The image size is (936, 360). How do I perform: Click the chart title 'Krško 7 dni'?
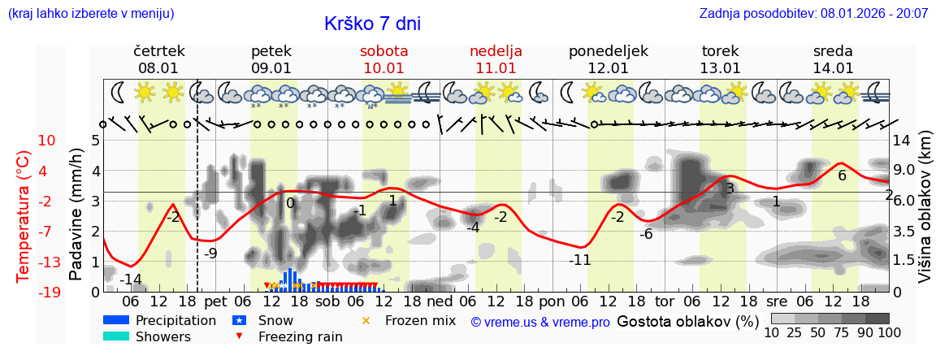click(372, 24)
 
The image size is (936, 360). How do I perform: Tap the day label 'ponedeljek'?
click(609, 51)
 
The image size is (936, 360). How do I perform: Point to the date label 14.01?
click(833, 68)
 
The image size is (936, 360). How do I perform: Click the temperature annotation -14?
click(131, 280)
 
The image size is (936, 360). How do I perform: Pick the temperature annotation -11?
click(579, 260)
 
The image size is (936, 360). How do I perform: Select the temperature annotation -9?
click(210, 253)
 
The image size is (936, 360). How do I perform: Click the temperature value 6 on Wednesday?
click(842, 176)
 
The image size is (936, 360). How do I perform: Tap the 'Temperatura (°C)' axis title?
click(24, 217)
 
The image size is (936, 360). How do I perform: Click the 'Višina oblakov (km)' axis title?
click(924, 219)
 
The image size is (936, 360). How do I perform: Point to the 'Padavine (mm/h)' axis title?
click(76, 215)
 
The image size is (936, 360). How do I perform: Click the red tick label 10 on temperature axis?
click(46, 141)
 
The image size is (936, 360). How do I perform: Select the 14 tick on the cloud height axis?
click(902, 141)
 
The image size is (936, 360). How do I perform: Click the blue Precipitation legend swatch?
click(116, 320)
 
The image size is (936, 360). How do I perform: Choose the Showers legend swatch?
click(116, 336)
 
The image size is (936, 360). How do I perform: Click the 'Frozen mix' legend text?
click(420, 320)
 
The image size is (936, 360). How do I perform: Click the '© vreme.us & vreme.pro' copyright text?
click(540, 322)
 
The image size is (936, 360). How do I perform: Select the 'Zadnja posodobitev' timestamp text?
click(813, 14)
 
